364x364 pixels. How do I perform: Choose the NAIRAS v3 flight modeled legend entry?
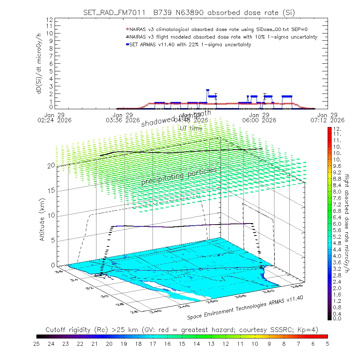pos(222,37)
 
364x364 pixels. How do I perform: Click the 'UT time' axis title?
pos(191,128)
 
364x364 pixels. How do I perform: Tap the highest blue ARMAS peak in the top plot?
pos(207,90)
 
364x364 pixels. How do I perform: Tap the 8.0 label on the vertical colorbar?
pos(336,191)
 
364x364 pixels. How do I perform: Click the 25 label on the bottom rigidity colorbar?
pos(37,343)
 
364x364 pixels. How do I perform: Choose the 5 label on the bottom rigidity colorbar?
pos(327,343)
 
